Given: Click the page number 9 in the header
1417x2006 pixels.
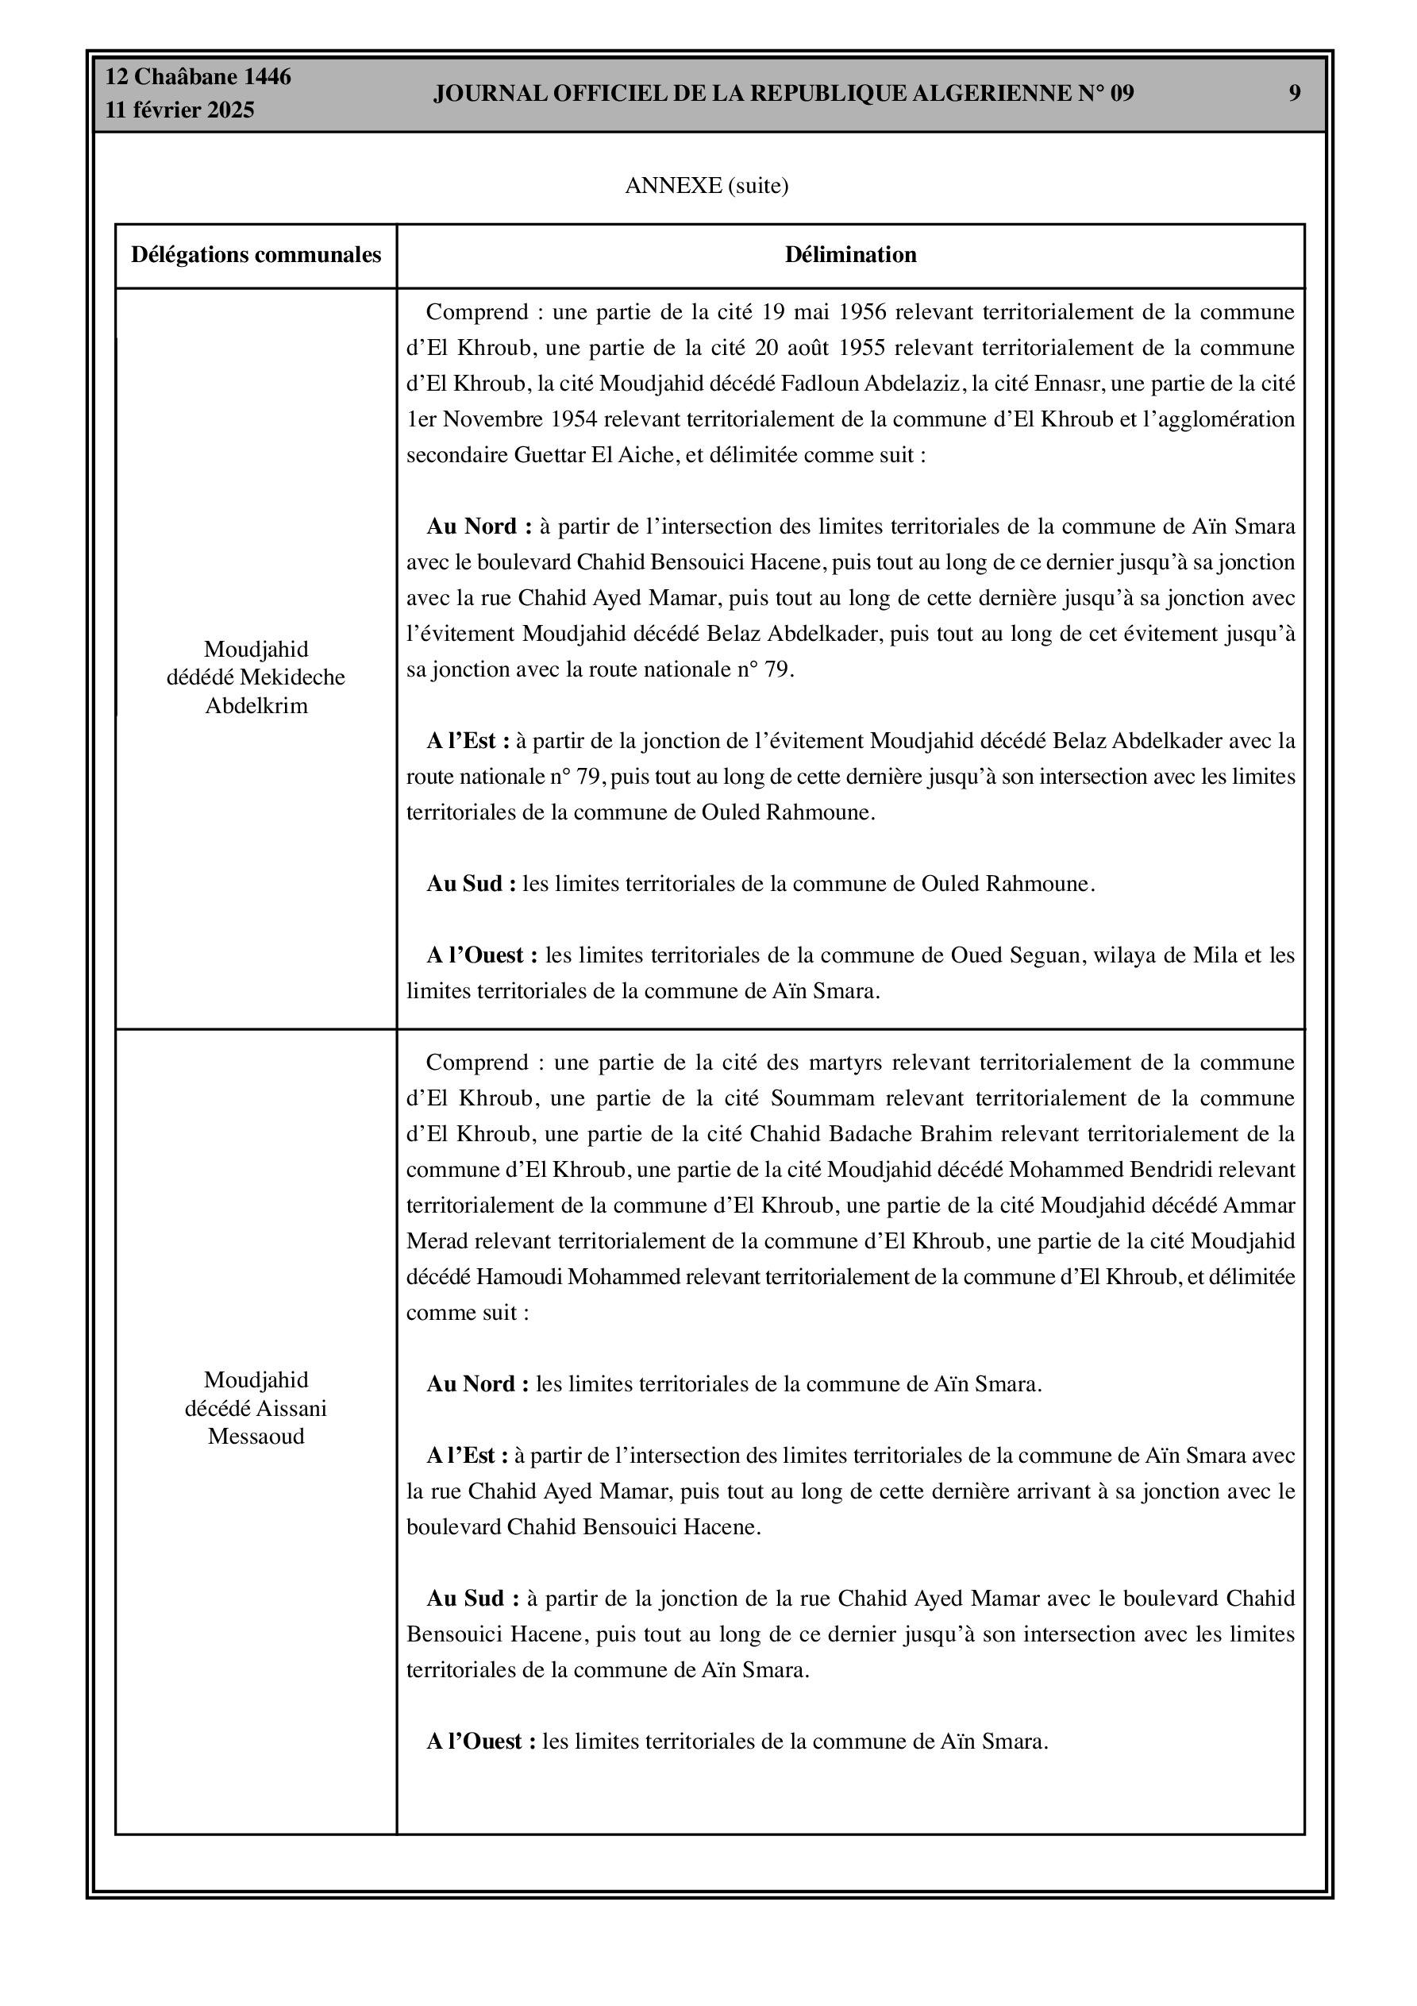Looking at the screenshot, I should (x=1294, y=94).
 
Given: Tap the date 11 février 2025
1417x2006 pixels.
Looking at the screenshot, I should (x=180, y=110).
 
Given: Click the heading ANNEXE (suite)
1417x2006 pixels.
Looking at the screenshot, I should (x=706, y=186).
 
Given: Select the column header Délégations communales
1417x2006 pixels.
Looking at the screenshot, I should (x=256, y=255).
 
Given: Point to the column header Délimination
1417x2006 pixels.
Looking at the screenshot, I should (x=850, y=255).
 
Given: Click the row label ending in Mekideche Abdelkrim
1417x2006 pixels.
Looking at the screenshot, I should (x=256, y=677).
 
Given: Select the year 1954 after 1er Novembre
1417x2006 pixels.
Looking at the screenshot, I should (x=574, y=419).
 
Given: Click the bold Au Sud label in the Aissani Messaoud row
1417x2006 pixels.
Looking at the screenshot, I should (x=472, y=1599).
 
